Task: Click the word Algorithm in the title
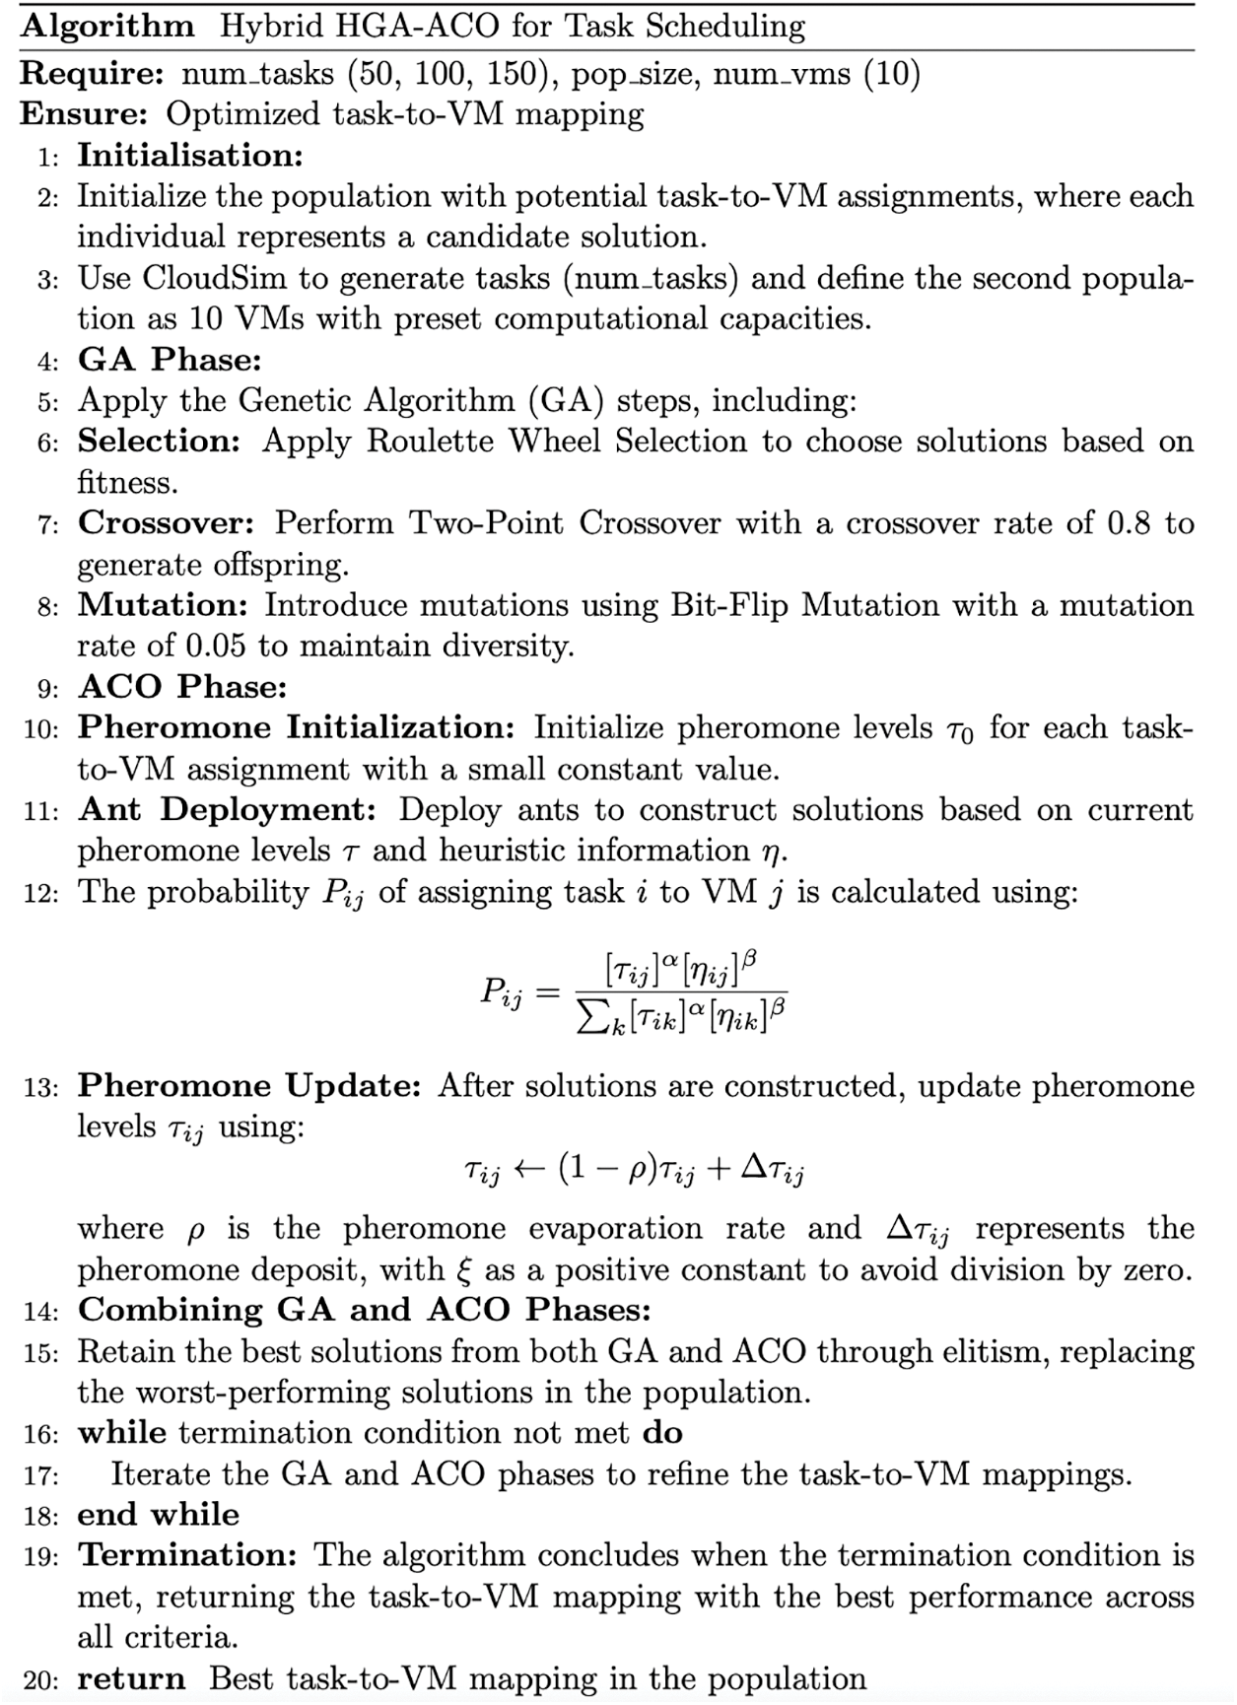tap(107, 26)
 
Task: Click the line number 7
tap(48, 524)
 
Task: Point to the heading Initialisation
tap(189, 156)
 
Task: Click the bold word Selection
tap(159, 442)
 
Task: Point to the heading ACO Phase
tap(182, 687)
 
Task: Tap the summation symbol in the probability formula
tap(591, 1020)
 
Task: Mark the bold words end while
tap(158, 1515)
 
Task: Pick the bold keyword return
tap(131, 1679)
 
